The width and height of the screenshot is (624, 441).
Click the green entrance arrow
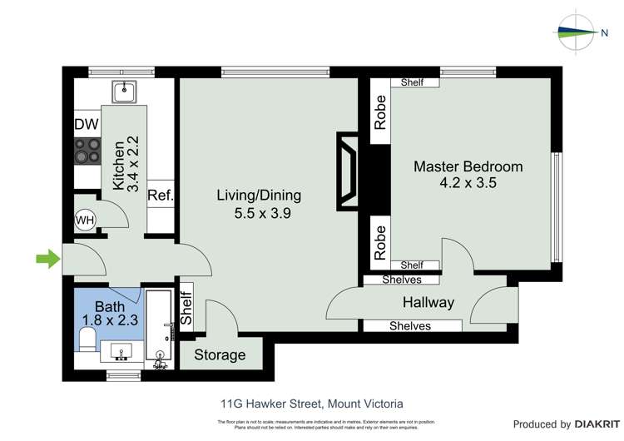(x=48, y=260)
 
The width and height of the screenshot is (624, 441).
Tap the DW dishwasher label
(x=87, y=125)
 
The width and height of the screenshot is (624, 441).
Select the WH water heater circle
(x=85, y=220)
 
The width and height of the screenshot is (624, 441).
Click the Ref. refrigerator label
(x=160, y=196)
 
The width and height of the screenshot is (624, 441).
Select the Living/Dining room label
(x=259, y=196)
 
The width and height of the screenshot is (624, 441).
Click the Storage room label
(x=220, y=355)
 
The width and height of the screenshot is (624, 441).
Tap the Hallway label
(x=428, y=302)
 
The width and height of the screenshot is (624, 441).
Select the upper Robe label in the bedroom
(x=380, y=113)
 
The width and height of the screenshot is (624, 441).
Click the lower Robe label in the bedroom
(x=380, y=239)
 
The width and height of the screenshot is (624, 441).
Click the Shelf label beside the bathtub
(x=186, y=305)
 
